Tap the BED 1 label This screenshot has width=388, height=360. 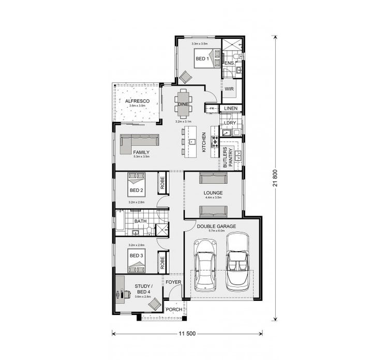(202, 59)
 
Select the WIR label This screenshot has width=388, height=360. (230, 89)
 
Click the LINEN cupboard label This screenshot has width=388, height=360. (231, 108)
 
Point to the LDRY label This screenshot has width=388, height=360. (230, 123)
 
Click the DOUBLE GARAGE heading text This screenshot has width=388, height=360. (216, 226)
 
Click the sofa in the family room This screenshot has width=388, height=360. (139, 143)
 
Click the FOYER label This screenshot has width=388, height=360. (173, 282)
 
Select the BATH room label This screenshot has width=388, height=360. (140, 221)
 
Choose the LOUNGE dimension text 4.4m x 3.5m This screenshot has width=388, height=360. (213, 197)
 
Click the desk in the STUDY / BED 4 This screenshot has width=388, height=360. (120, 290)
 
